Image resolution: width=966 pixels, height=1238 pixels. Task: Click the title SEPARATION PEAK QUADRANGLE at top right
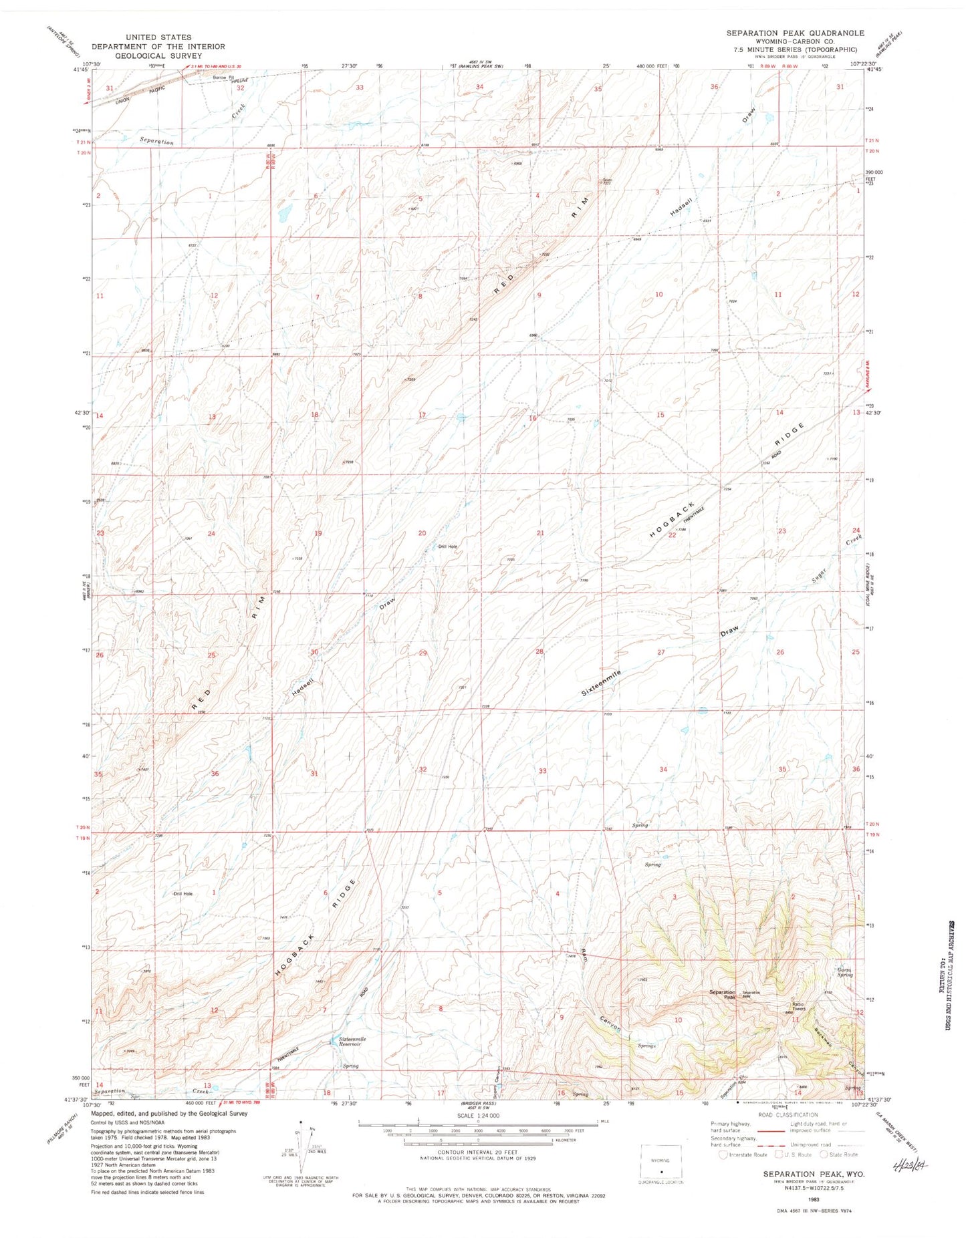[x=795, y=33]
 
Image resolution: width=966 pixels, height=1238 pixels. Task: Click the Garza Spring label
[x=845, y=973]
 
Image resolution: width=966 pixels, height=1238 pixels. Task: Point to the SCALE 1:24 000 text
[x=478, y=1116]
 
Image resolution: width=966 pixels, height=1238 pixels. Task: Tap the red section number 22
[x=673, y=534]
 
